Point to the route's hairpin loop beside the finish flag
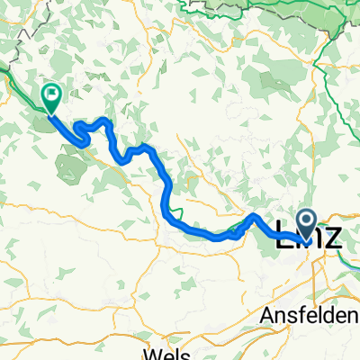[x=81, y=132]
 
